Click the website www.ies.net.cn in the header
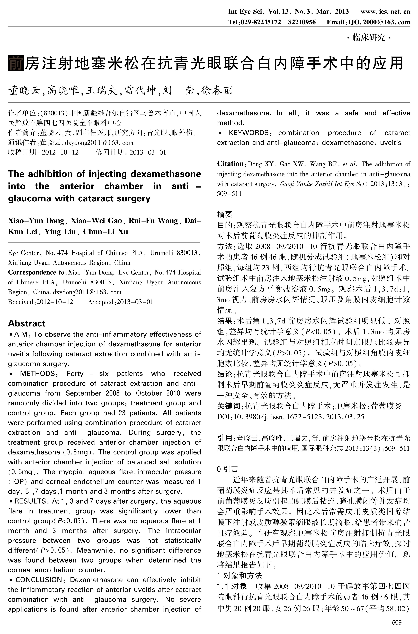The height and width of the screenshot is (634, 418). click(x=385, y=11)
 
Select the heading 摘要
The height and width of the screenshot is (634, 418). click(x=225, y=214)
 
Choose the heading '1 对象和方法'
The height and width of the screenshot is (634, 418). click(x=239, y=576)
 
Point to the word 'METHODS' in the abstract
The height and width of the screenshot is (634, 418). click(x=37, y=374)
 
